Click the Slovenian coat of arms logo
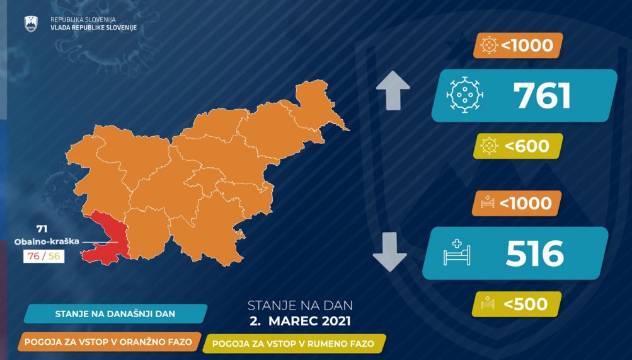(x=31, y=24)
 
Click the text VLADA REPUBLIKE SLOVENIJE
(x=93, y=28)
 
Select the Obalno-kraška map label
(x=47, y=242)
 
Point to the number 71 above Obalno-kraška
(x=42, y=229)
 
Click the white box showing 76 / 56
(x=43, y=256)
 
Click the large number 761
(x=542, y=96)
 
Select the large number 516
(x=535, y=253)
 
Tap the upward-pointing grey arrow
(x=393, y=91)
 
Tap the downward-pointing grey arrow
(x=390, y=252)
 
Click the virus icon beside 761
(x=465, y=95)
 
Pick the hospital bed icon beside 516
(x=457, y=252)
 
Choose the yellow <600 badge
(x=518, y=146)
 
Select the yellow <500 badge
(x=517, y=304)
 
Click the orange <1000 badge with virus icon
(x=518, y=45)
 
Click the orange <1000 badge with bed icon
(x=517, y=203)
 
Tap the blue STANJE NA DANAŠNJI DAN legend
(x=116, y=313)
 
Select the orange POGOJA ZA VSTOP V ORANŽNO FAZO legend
(x=109, y=342)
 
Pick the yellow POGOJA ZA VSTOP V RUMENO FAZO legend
(x=294, y=344)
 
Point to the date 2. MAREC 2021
(x=301, y=321)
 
